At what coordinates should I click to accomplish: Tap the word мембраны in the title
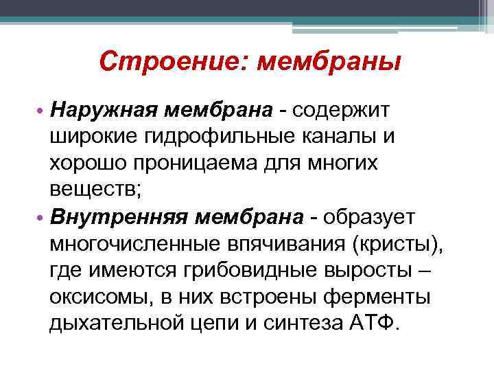coord(329,64)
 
